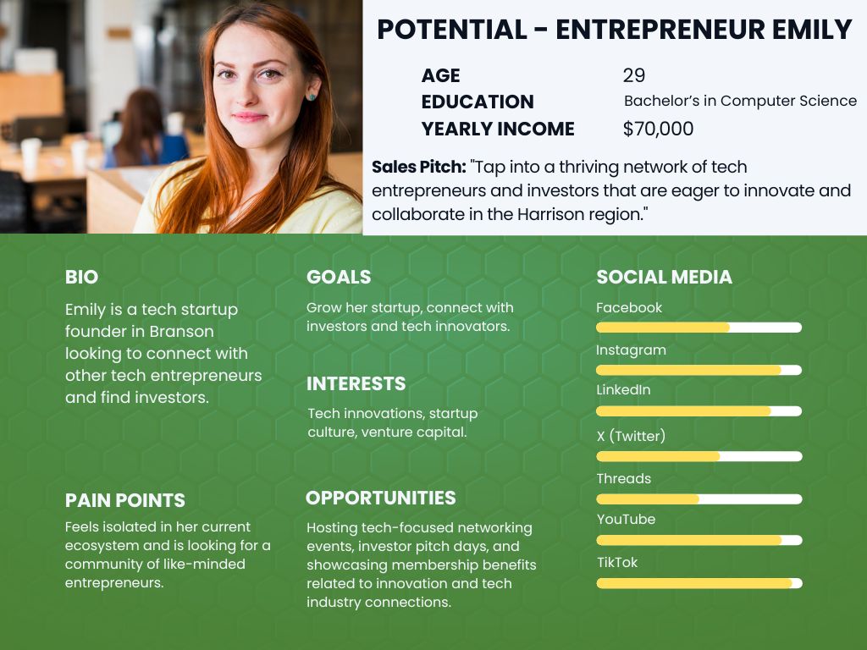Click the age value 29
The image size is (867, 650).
point(633,75)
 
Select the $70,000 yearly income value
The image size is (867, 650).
point(658,129)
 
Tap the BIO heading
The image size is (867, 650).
point(82,277)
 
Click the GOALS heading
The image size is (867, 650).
point(339,277)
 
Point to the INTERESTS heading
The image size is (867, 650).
point(356,383)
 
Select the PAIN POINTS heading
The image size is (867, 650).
point(125,500)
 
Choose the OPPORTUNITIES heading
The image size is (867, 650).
point(381,498)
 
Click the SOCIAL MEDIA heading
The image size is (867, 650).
point(664,277)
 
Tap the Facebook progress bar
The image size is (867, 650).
point(699,328)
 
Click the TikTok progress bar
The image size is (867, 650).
point(699,583)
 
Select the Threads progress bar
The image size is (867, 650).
point(699,499)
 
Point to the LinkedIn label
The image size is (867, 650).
point(623,389)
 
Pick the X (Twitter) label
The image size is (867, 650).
point(631,436)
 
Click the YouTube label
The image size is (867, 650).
point(626,519)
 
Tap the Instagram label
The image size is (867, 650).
point(631,350)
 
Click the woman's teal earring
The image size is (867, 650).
point(312,97)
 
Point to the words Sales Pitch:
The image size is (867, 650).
point(418,167)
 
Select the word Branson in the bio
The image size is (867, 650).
point(181,332)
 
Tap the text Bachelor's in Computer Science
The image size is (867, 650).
point(740,101)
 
